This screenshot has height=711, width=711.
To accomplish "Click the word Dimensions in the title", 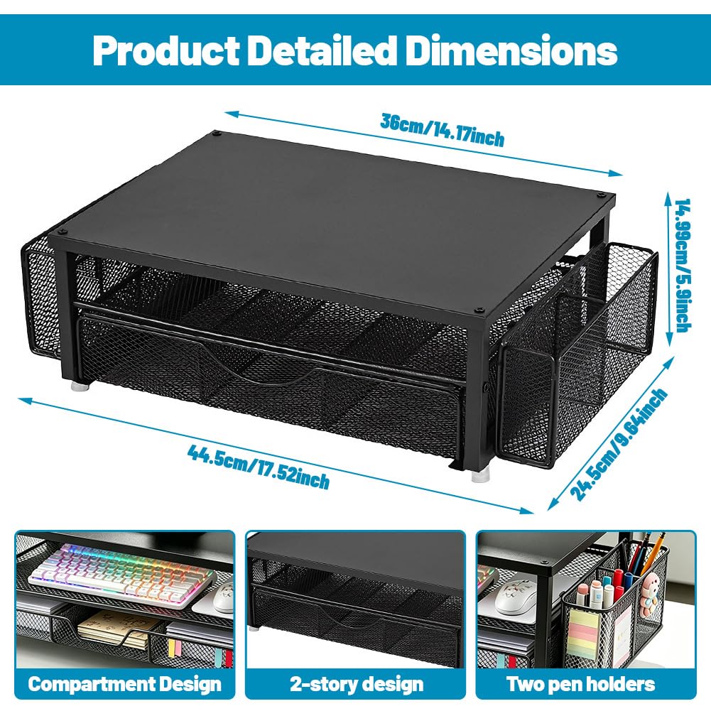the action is click(x=511, y=50).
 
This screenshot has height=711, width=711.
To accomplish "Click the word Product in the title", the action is click(x=166, y=50).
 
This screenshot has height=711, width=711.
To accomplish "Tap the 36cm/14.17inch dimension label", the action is click(x=442, y=130).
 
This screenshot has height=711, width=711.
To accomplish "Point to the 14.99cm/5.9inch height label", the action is click(x=682, y=265).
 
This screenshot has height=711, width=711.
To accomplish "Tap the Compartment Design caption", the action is click(x=125, y=684).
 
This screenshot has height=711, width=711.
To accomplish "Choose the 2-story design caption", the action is click(x=357, y=684).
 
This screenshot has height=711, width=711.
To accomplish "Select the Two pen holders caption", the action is click(x=581, y=684).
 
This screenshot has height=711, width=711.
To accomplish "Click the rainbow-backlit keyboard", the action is click(x=122, y=575).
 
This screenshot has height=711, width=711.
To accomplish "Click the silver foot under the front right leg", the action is click(x=480, y=475).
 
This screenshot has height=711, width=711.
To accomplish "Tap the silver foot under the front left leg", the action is click(x=80, y=387).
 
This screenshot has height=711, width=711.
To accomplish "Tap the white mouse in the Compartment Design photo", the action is click(x=224, y=597).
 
